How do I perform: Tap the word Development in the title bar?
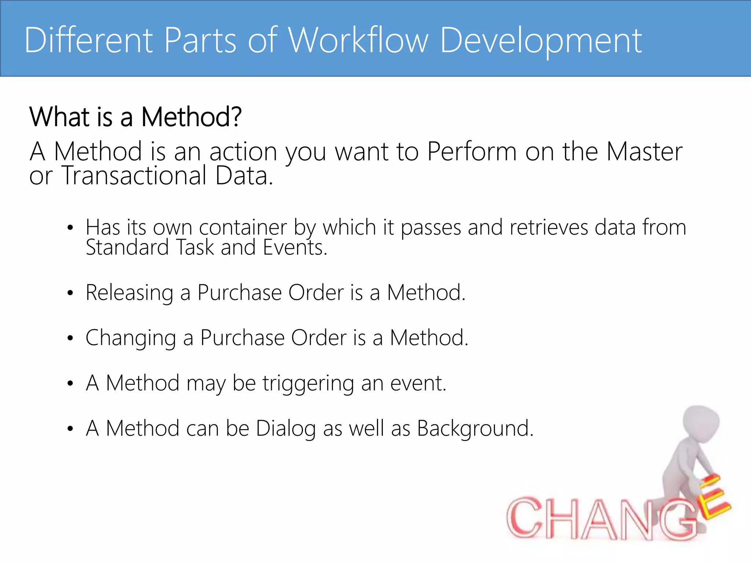541,41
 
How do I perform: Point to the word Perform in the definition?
472,151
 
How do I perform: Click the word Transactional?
134,176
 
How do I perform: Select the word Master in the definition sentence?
644,151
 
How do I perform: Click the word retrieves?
549,228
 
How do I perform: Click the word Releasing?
129,293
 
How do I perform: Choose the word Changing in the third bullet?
131,338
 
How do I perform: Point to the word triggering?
308,383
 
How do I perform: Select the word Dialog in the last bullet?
286,428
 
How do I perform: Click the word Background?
475,428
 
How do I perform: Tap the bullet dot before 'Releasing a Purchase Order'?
70,293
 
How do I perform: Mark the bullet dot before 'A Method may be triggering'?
70,384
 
